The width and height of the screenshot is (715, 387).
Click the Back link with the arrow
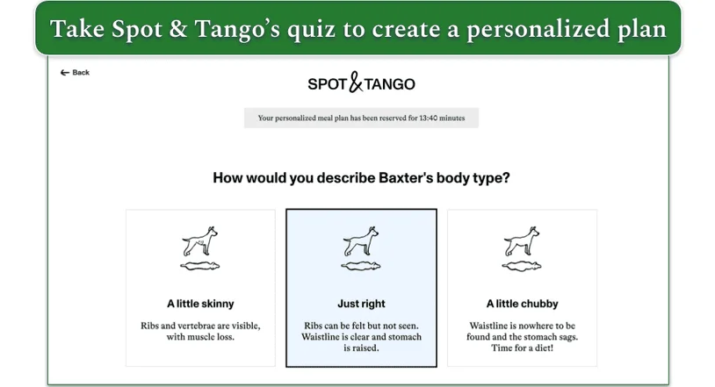pos(76,73)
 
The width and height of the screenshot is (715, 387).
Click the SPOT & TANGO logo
pos(361,84)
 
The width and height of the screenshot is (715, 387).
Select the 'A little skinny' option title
pos(200,304)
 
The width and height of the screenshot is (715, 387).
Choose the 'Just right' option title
pos(361,304)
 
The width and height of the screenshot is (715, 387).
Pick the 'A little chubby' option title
pos(522,304)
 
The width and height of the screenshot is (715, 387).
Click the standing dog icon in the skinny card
pos(199,242)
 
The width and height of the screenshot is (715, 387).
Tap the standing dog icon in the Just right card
pos(361,242)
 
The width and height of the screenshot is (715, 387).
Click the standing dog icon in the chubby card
pos(522,242)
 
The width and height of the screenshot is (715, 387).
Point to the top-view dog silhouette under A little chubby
pos(522,266)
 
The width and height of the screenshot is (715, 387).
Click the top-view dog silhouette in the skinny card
pos(199,266)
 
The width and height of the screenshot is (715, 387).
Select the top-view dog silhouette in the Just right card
pos(361,266)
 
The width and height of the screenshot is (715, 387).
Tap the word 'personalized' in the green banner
pos(529,28)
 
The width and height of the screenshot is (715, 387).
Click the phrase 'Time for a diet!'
pos(522,348)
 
